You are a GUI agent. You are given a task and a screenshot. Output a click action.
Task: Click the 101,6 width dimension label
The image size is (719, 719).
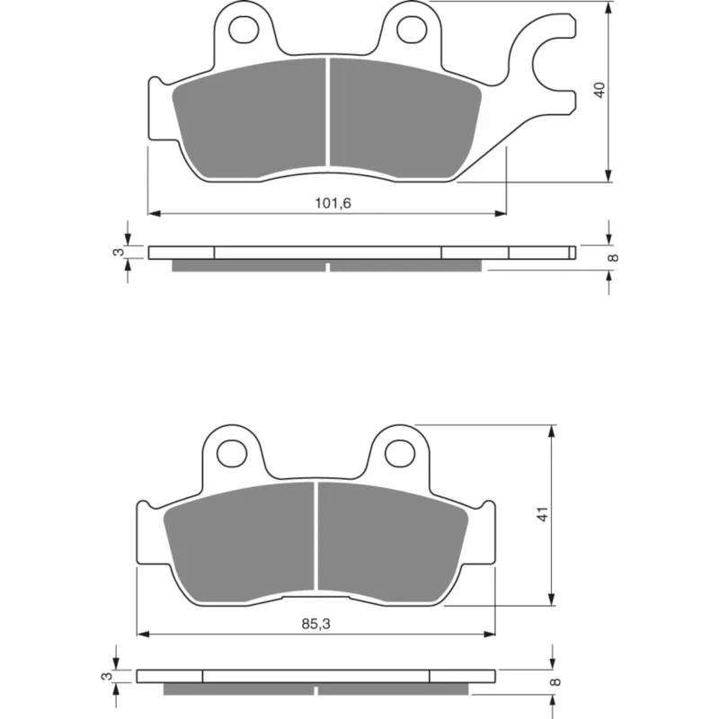(x=333, y=203)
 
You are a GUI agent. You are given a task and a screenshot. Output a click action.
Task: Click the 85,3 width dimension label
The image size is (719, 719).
(x=316, y=624)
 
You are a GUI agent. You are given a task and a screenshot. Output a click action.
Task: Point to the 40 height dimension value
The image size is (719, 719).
(x=599, y=89)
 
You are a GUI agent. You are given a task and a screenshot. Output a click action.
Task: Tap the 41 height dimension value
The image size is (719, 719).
(x=543, y=513)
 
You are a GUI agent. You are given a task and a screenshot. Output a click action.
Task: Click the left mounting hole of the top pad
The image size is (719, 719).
(x=244, y=30)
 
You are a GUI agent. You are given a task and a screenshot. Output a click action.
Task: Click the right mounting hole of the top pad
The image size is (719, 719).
(x=412, y=30)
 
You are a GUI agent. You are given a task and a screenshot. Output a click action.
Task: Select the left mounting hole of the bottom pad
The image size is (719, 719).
(x=232, y=454)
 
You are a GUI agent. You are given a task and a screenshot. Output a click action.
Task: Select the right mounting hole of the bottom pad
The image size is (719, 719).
(x=400, y=454)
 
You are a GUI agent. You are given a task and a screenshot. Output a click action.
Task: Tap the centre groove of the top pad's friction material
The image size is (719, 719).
(x=328, y=111)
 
